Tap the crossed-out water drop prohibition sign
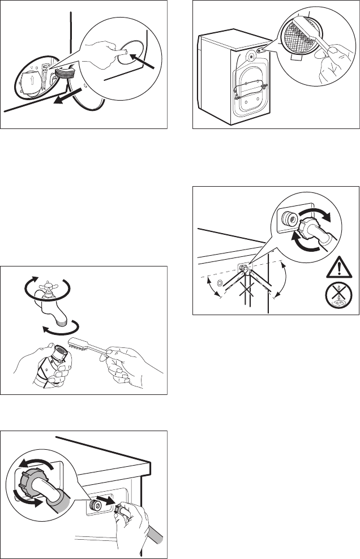click(337, 295)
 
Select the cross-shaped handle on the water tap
click(47, 287)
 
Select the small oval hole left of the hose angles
click(212, 283)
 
